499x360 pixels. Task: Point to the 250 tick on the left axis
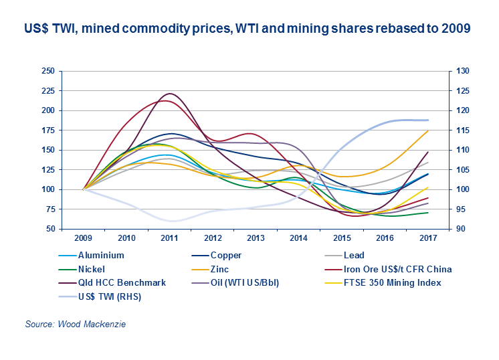pos(47,71)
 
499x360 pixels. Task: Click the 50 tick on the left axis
pos(50,229)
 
